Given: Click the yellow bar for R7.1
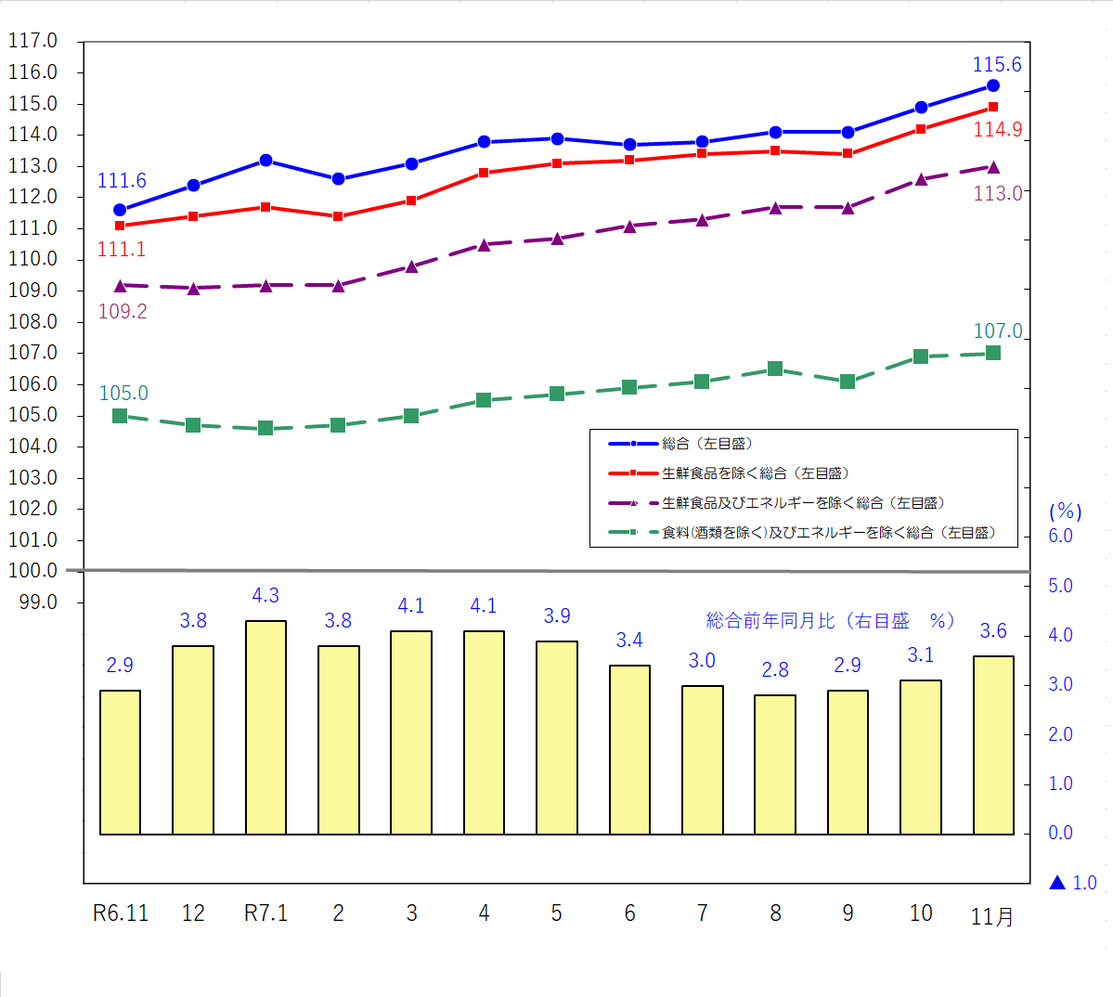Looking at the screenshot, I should pyautogui.click(x=265, y=728).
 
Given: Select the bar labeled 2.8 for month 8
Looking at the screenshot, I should pyautogui.click(x=774, y=764).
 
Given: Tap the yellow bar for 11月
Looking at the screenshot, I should pyautogui.click(x=992, y=745).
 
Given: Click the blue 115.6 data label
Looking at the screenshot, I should pyautogui.click(x=996, y=65).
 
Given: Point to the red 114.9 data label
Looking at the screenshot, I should pyautogui.click(x=997, y=130).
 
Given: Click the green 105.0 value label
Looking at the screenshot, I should pyautogui.click(x=123, y=394).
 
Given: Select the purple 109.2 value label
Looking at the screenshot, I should pyautogui.click(x=123, y=312).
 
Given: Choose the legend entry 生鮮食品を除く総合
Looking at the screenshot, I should pyautogui.click(x=755, y=473).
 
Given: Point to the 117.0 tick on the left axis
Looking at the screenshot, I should pyautogui.click(x=32, y=41).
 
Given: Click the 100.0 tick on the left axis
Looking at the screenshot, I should pyautogui.click(x=32, y=571).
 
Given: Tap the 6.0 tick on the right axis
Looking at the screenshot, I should pyautogui.click(x=1060, y=536).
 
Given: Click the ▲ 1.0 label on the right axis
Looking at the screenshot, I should pyautogui.click(x=1072, y=883).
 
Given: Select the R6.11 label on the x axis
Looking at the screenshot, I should pyautogui.click(x=121, y=913).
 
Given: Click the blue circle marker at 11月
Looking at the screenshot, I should pyautogui.click(x=992, y=85).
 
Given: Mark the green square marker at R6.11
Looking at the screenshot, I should pyautogui.click(x=120, y=416).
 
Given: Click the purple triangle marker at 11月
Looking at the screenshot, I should pyautogui.click(x=992, y=167).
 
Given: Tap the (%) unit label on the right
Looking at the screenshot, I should pyautogui.click(x=1065, y=511).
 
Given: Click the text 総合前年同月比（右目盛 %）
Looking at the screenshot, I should pyautogui.click(x=830, y=621).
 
